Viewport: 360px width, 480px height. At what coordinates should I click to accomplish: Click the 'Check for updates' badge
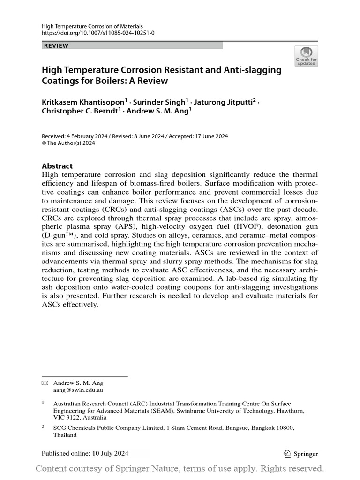(x=306, y=56)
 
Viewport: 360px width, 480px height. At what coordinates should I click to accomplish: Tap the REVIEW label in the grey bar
(x=56, y=46)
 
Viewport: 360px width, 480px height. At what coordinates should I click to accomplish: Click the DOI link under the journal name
(x=98, y=33)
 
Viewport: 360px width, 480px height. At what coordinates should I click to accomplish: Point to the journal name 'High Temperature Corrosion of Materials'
(x=92, y=26)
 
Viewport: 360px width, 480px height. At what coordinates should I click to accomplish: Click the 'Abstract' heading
(x=57, y=166)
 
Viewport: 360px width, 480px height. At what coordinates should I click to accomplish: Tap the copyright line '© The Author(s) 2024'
(x=68, y=143)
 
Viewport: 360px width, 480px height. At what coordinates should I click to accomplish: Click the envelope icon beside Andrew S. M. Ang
(x=45, y=383)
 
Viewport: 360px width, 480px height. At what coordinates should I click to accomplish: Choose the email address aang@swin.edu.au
(x=78, y=390)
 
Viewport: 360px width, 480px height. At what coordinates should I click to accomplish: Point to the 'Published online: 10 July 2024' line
(x=85, y=453)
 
